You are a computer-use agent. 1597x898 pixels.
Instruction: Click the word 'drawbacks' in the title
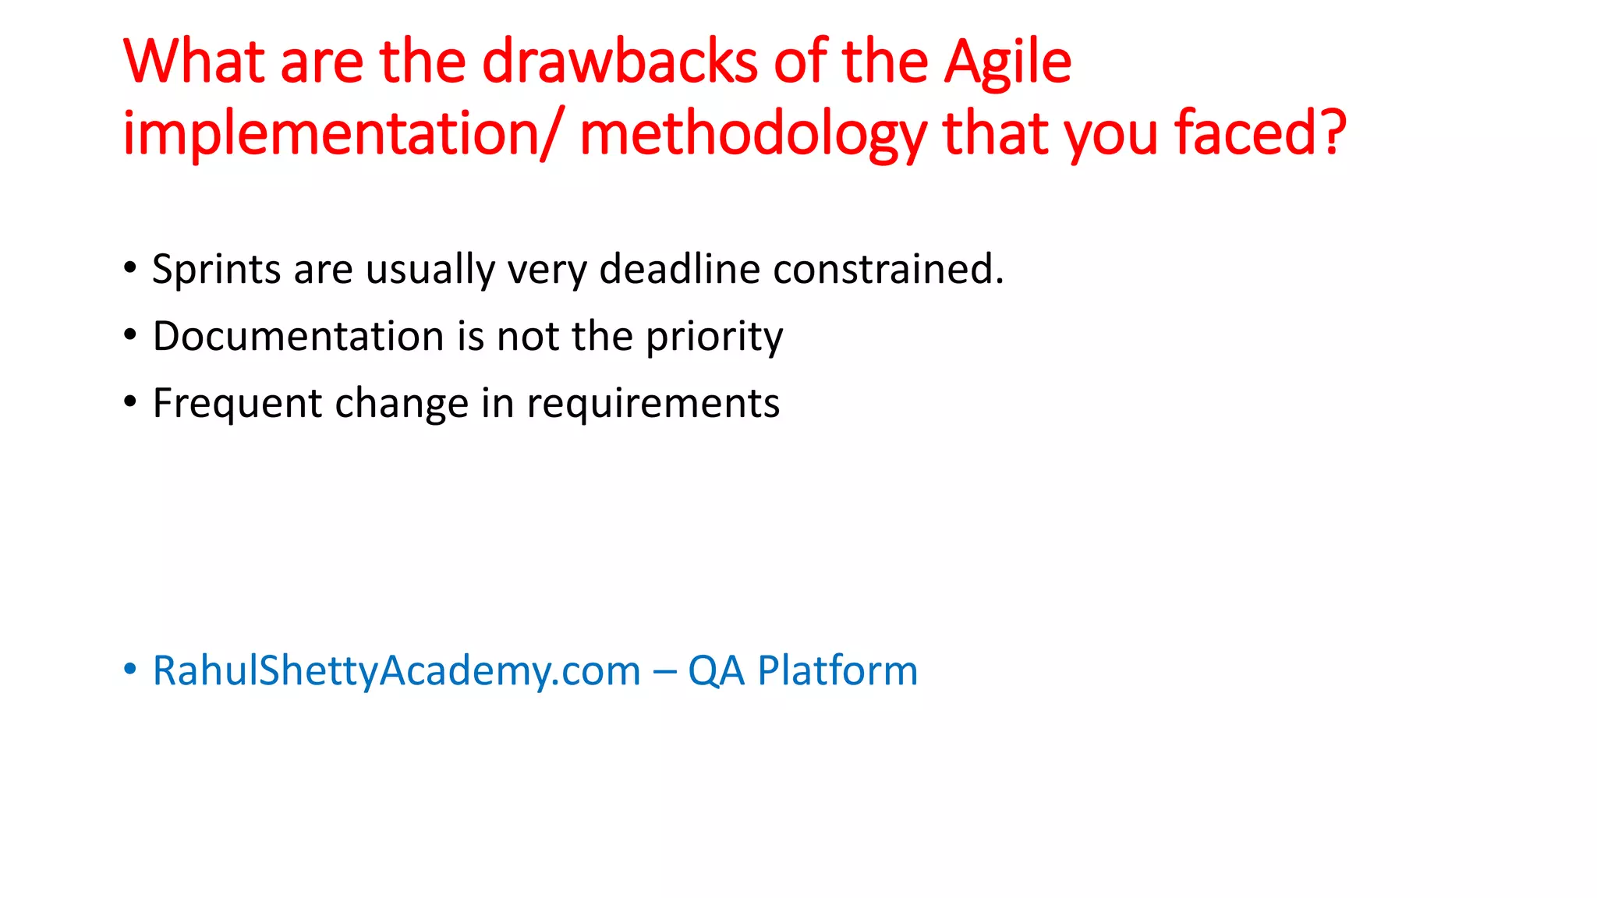coord(619,62)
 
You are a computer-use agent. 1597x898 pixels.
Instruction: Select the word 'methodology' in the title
coord(753,133)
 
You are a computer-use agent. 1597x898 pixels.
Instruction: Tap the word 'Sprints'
coord(216,269)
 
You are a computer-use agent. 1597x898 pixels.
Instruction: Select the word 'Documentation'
coord(299,336)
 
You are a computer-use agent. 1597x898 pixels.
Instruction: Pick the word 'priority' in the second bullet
coord(714,338)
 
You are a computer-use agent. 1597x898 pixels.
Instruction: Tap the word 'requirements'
coord(653,404)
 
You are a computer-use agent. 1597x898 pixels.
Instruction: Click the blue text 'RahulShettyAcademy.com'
coord(396,671)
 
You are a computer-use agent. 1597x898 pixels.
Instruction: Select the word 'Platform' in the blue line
coord(837,671)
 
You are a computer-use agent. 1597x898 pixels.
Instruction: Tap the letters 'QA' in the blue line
coord(716,671)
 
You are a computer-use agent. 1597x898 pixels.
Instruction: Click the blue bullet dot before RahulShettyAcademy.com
coord(130,669)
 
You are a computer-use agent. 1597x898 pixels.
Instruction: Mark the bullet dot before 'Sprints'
coord(130,268)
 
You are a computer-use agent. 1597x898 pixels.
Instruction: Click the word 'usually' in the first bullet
coord(430,269)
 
